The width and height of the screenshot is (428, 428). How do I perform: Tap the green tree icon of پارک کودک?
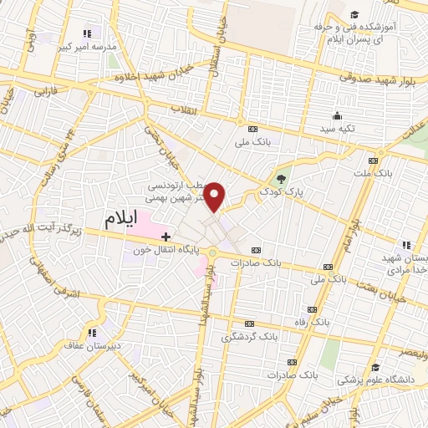pyautogui.click(x=282, y=177)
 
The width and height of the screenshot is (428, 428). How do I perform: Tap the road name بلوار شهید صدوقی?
pyautogui.click(x=376, y=77)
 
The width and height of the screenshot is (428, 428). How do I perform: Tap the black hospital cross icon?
pyautogui.click(x=166, y=237)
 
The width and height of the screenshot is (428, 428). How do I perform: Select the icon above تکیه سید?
pyautogui.click(x=337, y=116)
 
